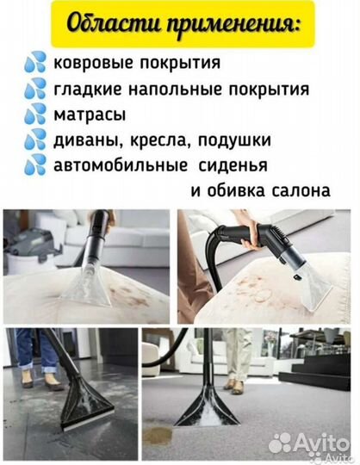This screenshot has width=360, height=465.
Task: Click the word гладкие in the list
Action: click(x=84, y=89)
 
